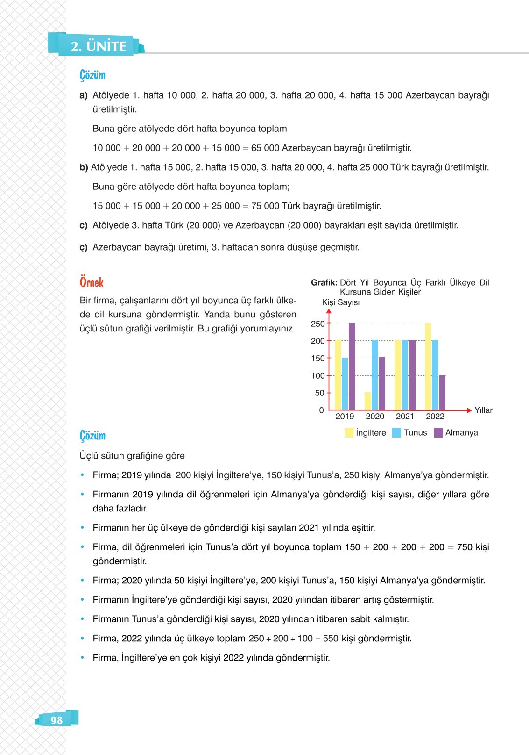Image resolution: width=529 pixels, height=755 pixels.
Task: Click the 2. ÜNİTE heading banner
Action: click(x=98, y=46)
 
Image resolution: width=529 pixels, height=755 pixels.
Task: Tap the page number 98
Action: click(x=56, y=720)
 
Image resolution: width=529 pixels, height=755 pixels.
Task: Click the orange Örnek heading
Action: click(x=92, y=282)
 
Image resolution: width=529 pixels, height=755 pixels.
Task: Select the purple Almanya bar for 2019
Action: click(x=352, y=366)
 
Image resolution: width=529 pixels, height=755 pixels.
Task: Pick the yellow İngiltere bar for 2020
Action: click(x=367, y=401)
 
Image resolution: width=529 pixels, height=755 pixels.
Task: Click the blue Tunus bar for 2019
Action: click(x=345, y=384)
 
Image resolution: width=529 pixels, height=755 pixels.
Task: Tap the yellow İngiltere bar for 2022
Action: click(x=428, y=366)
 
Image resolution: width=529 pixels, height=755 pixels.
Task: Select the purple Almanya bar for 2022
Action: click(x=442, y=392)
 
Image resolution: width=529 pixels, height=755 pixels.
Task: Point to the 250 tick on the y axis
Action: click(x=317, y=324)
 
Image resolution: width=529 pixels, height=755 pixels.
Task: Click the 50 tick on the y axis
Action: click(x=319, y=393)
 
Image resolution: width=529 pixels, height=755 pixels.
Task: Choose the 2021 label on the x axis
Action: click(x=405, y=417)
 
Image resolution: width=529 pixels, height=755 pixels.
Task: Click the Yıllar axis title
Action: click(x=483, y=410)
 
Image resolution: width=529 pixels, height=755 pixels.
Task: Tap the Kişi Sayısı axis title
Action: click(x=341, y=302)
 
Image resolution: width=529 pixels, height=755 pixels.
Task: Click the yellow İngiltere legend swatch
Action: click(x=349, y=432)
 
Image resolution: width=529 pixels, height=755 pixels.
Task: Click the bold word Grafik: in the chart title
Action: click(x=324, y=282)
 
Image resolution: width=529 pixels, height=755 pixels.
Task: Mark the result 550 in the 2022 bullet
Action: click(x=331, y=639)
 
